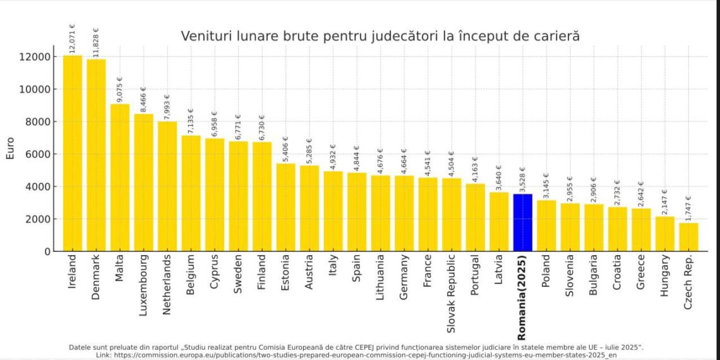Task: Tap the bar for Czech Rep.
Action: click(688, 237)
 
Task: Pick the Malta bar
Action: click(120, 177)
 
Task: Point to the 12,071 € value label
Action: click(72, 39)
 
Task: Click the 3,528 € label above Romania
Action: click(522, 179)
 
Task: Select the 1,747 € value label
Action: click(688, 208)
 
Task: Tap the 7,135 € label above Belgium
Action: click(191, 121)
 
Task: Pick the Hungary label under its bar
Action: click(664, 276)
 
